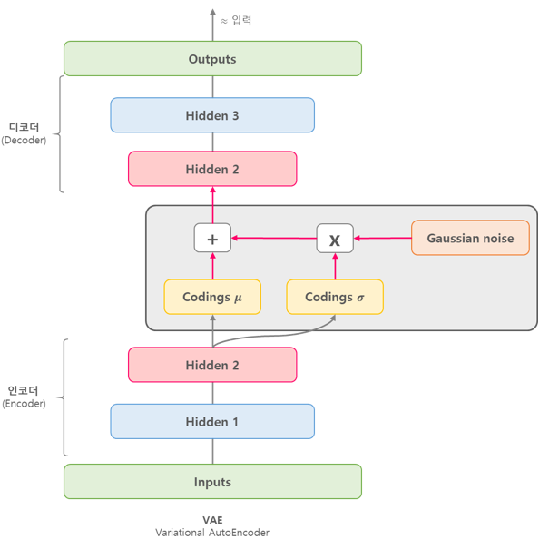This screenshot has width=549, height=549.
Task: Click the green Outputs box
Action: tap(212, 59)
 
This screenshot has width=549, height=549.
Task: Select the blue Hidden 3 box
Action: tap(212, 115)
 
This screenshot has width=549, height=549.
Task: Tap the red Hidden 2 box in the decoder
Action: tap(212, 170)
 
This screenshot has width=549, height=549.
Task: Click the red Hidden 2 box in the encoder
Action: tap(212, 365)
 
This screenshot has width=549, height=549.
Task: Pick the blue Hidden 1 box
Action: tap(212, 422)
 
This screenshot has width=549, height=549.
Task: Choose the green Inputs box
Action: tap(212, 482)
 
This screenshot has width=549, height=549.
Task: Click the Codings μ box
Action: tap(212, 297)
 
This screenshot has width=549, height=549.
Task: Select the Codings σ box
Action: tap(335, 297)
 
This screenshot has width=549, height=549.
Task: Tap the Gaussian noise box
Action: tap(470, 238)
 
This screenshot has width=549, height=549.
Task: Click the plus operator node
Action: tap(212, 239)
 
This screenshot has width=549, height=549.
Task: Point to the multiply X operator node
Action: tap(335, 239)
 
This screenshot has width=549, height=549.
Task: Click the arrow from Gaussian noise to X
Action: tap(382, 238)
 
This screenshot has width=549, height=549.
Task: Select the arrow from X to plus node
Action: tap(273, 238)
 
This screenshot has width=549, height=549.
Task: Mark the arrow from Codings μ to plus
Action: tap(212, 266)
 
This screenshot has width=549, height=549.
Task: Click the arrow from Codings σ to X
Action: tap(335, 266)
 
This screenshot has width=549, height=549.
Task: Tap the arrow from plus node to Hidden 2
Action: tap(212, 205)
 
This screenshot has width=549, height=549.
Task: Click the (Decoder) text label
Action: tap(24, 141)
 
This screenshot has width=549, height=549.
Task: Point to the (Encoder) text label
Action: tap(24, 404)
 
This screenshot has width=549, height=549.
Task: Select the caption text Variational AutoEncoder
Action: tap(212, 533)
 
